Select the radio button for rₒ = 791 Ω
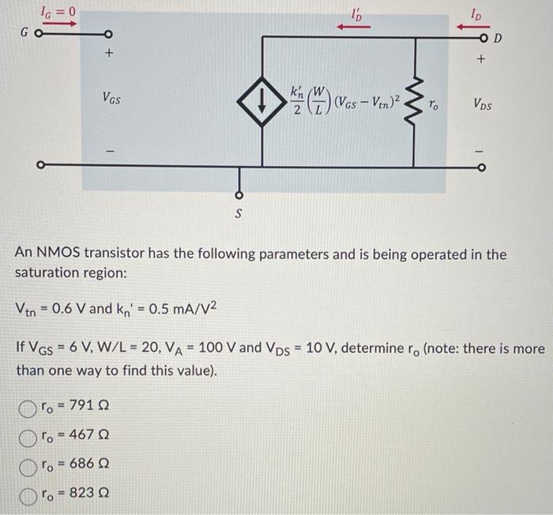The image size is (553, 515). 28,407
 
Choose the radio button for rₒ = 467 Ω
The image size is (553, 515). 28,434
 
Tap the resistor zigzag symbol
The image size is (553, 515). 412,102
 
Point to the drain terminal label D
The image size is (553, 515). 498,38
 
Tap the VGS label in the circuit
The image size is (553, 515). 111,98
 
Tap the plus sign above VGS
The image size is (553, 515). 110,55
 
